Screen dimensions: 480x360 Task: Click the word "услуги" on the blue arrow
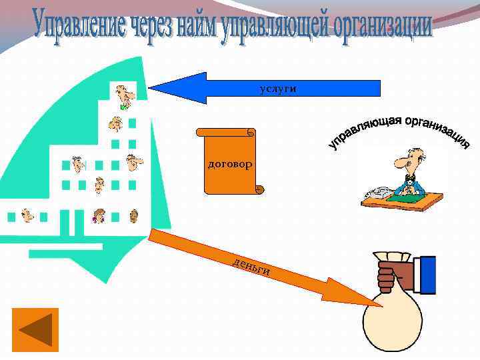click(x=277, y=88)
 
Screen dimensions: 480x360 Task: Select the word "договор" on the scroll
click(x=230, y=163)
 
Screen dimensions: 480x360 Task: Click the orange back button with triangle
click(x=35, y=329)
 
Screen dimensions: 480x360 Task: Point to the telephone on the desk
click(x=377, y=192)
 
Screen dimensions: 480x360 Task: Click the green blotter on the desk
click(x=408, y=197)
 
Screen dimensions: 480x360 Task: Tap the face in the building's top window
click(x=123, y=94)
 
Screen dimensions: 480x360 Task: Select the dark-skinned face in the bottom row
click(x=133, y=215)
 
